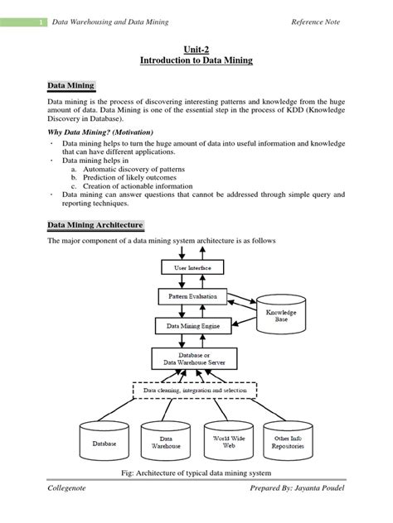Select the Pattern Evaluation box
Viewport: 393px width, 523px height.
pyautogui.click(x=192, y=295)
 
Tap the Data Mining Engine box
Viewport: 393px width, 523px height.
pyautogui.click(x=192, y=327)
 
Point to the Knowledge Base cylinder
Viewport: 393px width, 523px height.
pyautogui.click(x=281, y=315)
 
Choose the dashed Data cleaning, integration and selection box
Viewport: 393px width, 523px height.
pyautogui.click(x=196, y=390)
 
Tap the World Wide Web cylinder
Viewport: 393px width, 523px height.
pyautogui.click(x=221, y=439)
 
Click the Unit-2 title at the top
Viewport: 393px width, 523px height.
pyautogui.click(x=196, y=49)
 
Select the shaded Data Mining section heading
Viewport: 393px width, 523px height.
pyautogui.click(x=71, y=86)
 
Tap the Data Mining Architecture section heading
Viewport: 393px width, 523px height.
pyautogui.click(x=96, y=225)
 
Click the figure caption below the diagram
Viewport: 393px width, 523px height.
pyautogui.click(x=196, y=474)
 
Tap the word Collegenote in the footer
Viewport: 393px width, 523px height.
pyautogui.click(x=68, y=504)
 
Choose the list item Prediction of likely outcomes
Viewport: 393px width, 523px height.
pyautogui.click(x=129, y=177)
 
